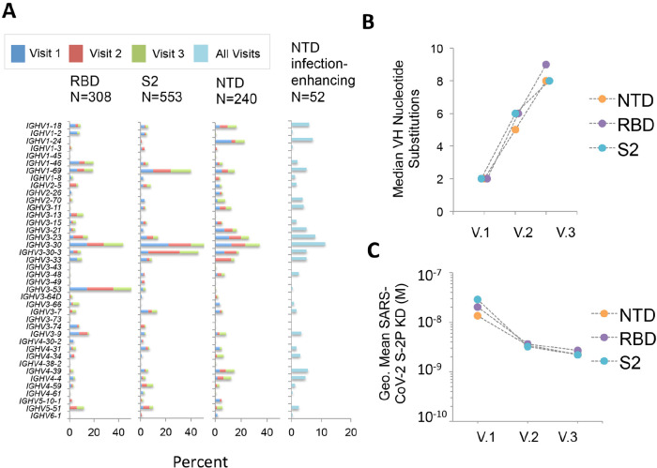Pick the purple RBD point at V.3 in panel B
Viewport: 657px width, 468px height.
click(x=546, y=65)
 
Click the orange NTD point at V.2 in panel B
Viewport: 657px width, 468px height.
click(x=515, y=129)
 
